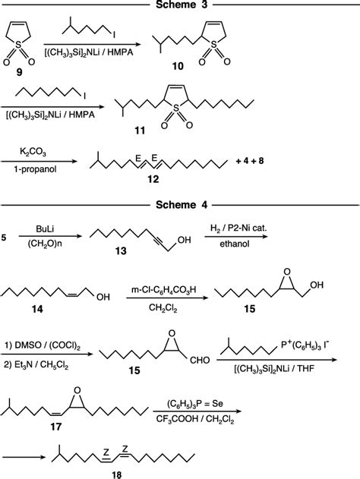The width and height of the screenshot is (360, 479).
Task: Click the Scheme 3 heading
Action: click(179, 5)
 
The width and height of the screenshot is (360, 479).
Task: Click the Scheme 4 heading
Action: click(179, 204)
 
